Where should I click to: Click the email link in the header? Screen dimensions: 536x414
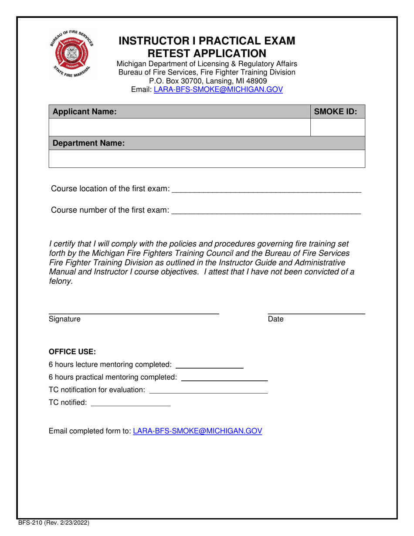coord(218,89)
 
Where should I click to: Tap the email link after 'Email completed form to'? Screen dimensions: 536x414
coord(197,431)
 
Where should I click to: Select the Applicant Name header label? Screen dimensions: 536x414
coord(85,112)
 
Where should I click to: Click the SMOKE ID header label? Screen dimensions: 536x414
coord(336,112)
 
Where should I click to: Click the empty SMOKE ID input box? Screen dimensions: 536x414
coord(337,127)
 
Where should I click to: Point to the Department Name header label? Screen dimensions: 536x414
coord(89,143)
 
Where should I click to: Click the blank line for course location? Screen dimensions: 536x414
coord(267,190)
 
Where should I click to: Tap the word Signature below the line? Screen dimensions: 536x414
coord(64,319)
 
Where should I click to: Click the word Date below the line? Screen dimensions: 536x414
coord(276,319)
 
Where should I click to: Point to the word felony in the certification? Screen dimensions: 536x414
coord(60,281)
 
